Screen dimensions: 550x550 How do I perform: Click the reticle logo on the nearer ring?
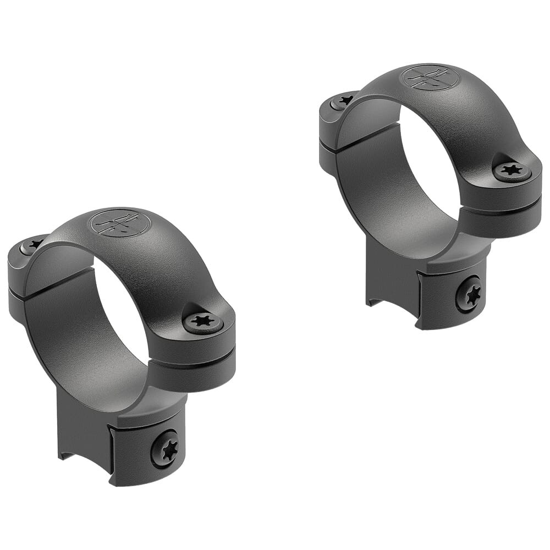(x=120, y=223)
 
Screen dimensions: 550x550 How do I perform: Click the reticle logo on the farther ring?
(x=428, y=78)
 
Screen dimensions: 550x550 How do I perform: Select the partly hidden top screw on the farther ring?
(x=344, y=101)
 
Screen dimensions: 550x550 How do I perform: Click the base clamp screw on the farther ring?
(x=469, y=294)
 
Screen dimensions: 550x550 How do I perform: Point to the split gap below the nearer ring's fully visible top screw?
(x=193, y=358)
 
